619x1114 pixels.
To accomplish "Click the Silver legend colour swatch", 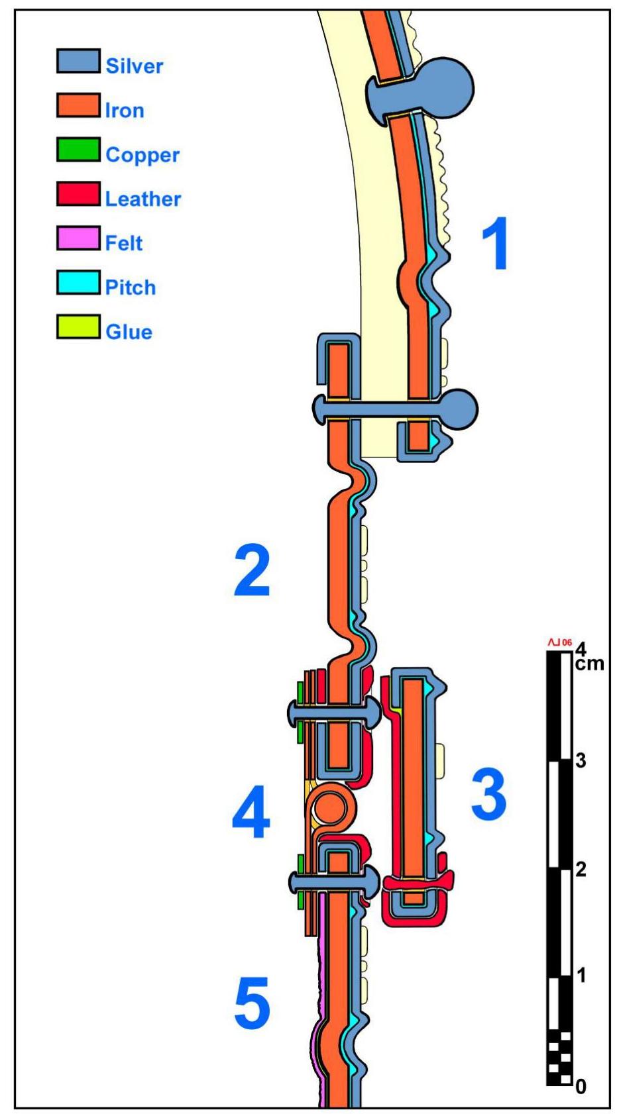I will coord(78,61).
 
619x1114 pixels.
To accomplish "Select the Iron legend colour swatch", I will coord(78,105).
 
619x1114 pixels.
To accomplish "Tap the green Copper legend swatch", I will coord(78,150).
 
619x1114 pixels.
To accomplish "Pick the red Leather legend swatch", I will coord(78,194).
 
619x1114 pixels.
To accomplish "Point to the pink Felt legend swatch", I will coord(78,238).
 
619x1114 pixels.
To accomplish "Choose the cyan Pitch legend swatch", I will coord(78,283).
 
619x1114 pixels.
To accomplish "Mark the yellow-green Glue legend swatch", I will coord(78,327).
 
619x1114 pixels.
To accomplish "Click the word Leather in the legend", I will coord(142,199).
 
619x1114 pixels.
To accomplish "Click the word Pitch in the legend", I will coord(131,287).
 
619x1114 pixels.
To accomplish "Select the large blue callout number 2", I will coord(252,571).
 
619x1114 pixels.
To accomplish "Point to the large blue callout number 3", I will coord(488,793).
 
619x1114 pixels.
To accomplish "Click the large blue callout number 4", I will coord(251,812).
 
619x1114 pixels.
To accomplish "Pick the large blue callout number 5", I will coord(252,1003).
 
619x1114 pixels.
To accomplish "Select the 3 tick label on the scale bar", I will coord(581,760).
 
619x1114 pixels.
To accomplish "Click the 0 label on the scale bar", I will coord(581,1086).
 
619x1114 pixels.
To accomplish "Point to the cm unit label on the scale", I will coord(589,663).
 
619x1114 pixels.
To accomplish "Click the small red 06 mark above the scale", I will coord(561,642).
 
